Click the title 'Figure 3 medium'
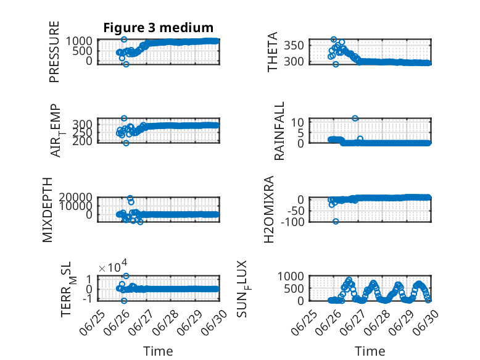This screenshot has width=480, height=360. pyautogui.click(x=159, y=28)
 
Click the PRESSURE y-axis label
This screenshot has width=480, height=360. pyautogui.click(x=54, y=52)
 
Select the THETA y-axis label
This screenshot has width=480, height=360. pyautogui.click(x=272, y=52)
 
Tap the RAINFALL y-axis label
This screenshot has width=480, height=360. pyautogui.click(x=279, y=131)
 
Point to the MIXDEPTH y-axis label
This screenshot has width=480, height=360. pyautogui.click(x=48, y=210)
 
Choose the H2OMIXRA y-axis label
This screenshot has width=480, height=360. pyautogui.click(x=268, y=209)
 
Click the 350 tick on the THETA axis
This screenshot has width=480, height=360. pyautogui.click(x=294, y=46)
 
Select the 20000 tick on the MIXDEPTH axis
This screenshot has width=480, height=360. pyautogui.click(x=76, y=197)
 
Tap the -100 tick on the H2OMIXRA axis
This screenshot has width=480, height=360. pyautogui.click(x=292, y=222)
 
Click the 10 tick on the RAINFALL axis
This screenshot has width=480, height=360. pyautogui.click(x=297, y=122)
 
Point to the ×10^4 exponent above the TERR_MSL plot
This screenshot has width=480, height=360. pyautogui.click(x=113, y=267)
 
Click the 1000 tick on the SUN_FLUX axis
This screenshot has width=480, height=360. pyautogui.click(x=291, y=277)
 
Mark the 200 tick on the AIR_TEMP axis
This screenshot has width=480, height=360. pyautogui.click(x=82, y=141)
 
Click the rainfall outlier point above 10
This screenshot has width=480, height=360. pyautogui.click(x=355, y=119)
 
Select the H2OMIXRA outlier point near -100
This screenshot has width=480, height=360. pyautogui.click(x=336, y=221)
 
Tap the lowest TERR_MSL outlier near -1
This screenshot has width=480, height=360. pyautogui.click(x=124, y=301)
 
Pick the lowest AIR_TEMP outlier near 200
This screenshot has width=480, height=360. pyautogui.click(x=126, y=143)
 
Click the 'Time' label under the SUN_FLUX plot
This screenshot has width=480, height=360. pyautogui.click(x=370, y=351)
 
